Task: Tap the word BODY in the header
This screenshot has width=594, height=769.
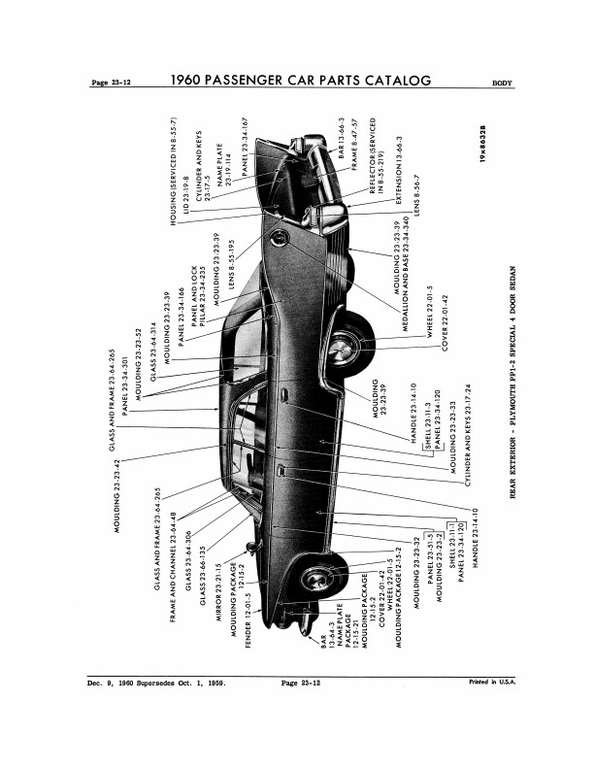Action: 504,84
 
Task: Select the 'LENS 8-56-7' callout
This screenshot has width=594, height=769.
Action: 414,194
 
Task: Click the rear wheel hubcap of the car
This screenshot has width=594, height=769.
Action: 345,345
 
